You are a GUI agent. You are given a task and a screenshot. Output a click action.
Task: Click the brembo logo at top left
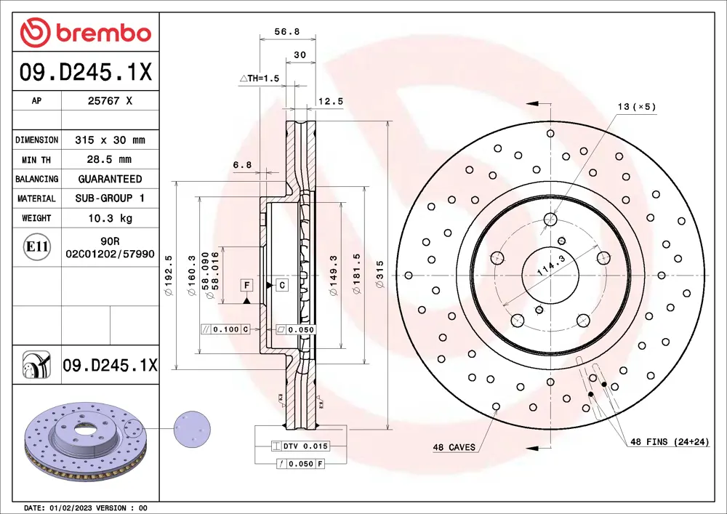pos(86,33)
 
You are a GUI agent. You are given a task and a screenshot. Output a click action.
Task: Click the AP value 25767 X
pos(109,101)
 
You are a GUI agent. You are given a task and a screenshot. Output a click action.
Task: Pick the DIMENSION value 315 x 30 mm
pos(110,140)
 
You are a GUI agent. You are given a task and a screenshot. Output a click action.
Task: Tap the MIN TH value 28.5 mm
pos(110,159)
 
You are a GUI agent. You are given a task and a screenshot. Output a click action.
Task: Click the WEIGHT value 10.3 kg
pos(110,217)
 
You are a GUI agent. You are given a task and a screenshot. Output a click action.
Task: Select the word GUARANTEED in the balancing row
pos(110,179)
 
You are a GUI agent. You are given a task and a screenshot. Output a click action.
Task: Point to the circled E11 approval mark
pos(36,247)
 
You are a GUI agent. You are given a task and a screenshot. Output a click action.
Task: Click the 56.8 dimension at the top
pos(286,31)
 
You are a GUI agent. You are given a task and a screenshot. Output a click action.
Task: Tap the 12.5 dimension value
pos(331,102)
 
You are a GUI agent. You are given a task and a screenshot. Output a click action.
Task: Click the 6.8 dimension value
pos(242,165)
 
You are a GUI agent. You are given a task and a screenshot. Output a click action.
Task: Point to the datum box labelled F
pos(247,285)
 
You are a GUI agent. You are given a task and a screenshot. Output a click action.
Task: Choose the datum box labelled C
pos(281,285)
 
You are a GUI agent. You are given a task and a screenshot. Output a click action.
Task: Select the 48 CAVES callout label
pos(454,447)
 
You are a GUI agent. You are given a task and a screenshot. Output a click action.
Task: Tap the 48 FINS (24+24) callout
pos(668,441)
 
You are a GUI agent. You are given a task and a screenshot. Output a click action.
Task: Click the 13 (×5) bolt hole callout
pos(636,107)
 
